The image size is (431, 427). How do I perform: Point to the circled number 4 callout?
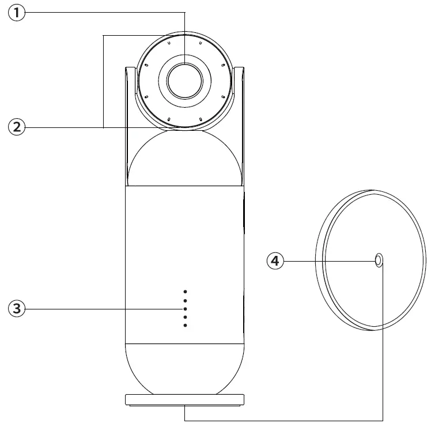pos(275,261)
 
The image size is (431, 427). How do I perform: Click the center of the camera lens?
pos(185,79)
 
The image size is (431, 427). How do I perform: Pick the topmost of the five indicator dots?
pos(185,292)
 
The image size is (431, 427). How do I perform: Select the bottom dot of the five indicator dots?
pos(185,326)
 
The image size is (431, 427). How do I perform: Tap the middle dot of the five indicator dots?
pos(185,309)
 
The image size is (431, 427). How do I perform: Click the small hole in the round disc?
pos(379,260)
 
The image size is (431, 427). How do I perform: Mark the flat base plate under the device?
pos(184,400)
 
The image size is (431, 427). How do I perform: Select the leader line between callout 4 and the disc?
pos(328,261)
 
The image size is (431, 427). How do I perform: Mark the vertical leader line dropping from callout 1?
pos(185,35)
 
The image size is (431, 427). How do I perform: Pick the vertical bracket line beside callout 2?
pos(103,81)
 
